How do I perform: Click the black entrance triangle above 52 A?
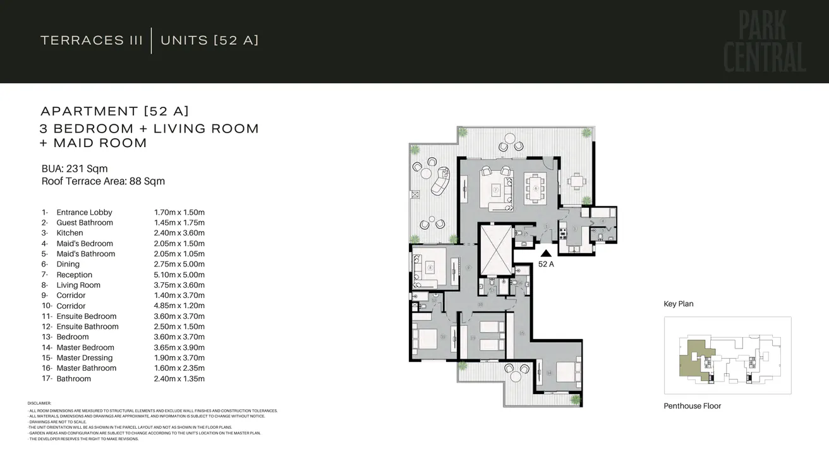pyautogui.click(x=545, y=253)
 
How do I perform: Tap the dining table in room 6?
pyautogui.click(x=535, y=188)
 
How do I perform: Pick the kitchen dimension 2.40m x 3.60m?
pyautogui.click(x=179, y=233)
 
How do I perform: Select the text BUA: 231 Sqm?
pyautogui.click(x=75, y=169)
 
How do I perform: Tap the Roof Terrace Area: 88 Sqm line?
pyautogui.click(x=103, y=181)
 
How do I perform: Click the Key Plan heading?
pyautogui.click(x=679, y=304)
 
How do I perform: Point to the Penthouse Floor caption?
pyautogui.click(x=692, y=406)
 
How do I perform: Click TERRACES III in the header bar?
pyautogui.click(x=92, y=40)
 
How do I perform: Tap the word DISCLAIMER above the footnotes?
pyautogui.click(x=39, y=403)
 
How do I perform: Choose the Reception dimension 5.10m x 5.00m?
pyautogui.click(x=179, y=275)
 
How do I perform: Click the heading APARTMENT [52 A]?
pyautogui.click(x=114, y=111)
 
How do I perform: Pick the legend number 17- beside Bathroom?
pyautogui.click(x=45, y=379)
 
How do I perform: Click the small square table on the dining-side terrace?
pyautogui.click(x=576, y=181)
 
